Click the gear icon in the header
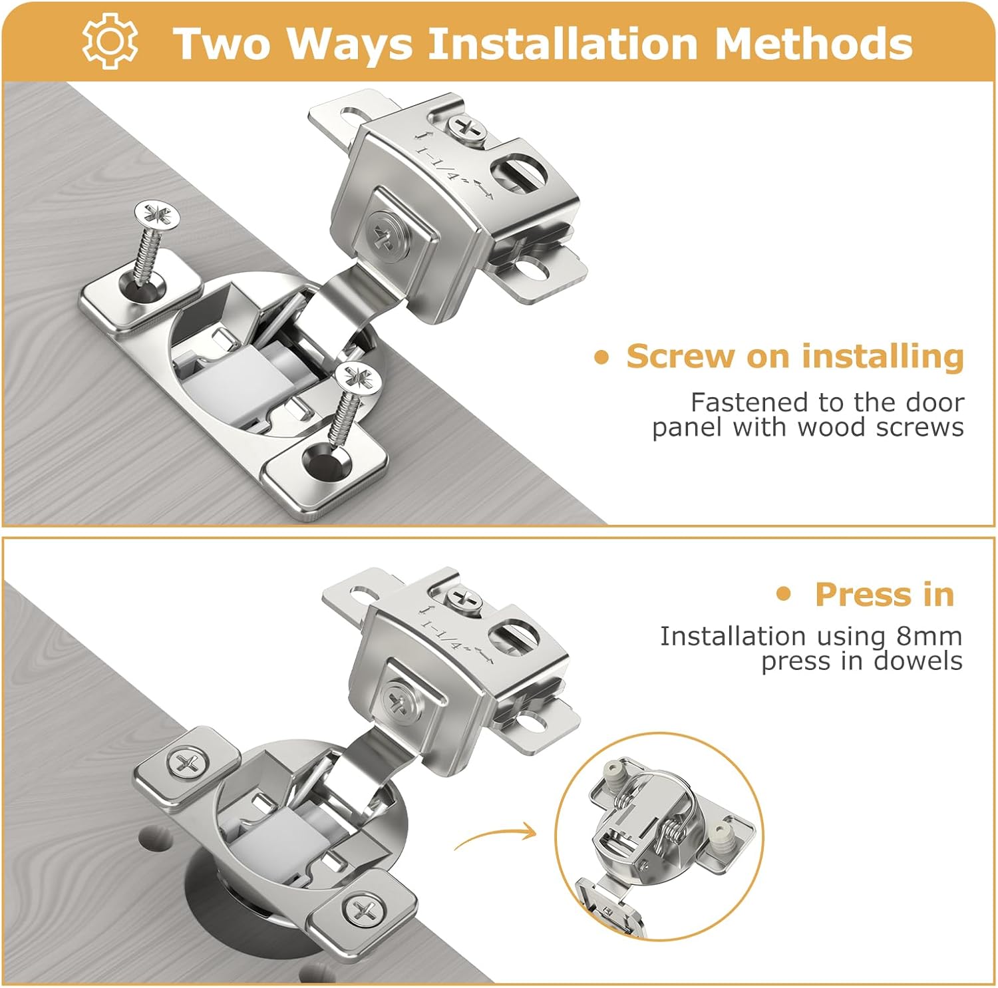click(110, 41)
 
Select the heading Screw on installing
click(794, 356)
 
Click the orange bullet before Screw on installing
click(601, 358)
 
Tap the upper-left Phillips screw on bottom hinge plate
click(187, 762)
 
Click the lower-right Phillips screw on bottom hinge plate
click(363, 910)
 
